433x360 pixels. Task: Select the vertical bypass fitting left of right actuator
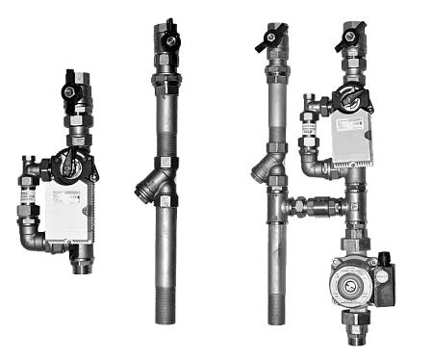311,135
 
